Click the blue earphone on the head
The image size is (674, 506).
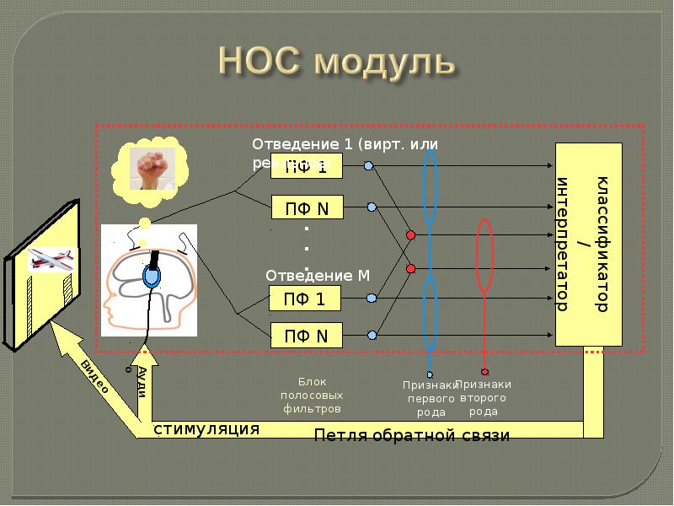coord(152,277)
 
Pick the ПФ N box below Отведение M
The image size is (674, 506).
coord(307,336)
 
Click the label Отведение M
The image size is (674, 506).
coord(318,276)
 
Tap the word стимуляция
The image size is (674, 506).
coord(206,429)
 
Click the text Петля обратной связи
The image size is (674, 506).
coord(412,435)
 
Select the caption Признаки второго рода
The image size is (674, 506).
coord(484,398)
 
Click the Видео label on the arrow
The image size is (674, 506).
coord(94,376)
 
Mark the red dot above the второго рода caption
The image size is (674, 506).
coord(484,372)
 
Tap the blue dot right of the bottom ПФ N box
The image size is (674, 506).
coord(370,335)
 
